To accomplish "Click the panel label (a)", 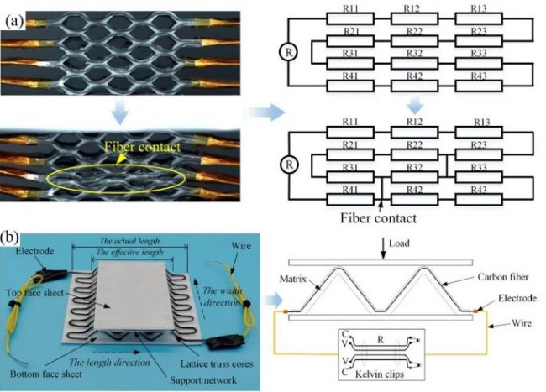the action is click(14, 21).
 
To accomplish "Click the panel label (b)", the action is click(10, 238).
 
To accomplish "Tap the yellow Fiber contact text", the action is click(143, 147).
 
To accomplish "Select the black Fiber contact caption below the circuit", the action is click(378, 218).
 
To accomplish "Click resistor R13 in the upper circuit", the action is click(479, 18).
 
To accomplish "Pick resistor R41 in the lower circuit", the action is click(350, 200).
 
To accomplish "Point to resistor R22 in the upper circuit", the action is click(414, 41).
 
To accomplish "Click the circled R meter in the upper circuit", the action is click(289, 53).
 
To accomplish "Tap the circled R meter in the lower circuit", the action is click(289, 165).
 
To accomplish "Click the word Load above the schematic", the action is click(399, 243).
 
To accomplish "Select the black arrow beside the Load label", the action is click(383, 248).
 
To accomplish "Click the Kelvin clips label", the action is click(379, 374).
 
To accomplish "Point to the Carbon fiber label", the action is click(503, 277).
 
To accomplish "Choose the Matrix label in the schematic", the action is click(293, 279).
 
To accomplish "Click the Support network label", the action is click(203, 379).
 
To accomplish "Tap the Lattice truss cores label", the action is click(217, 363).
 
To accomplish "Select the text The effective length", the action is click(129, 252).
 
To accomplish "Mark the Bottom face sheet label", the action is click(46, 374).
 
